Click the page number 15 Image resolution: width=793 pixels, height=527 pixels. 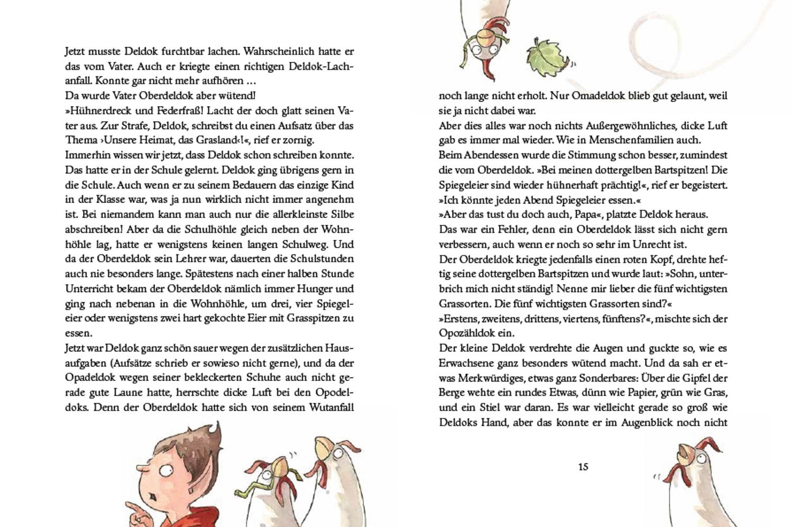click(583, 467)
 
